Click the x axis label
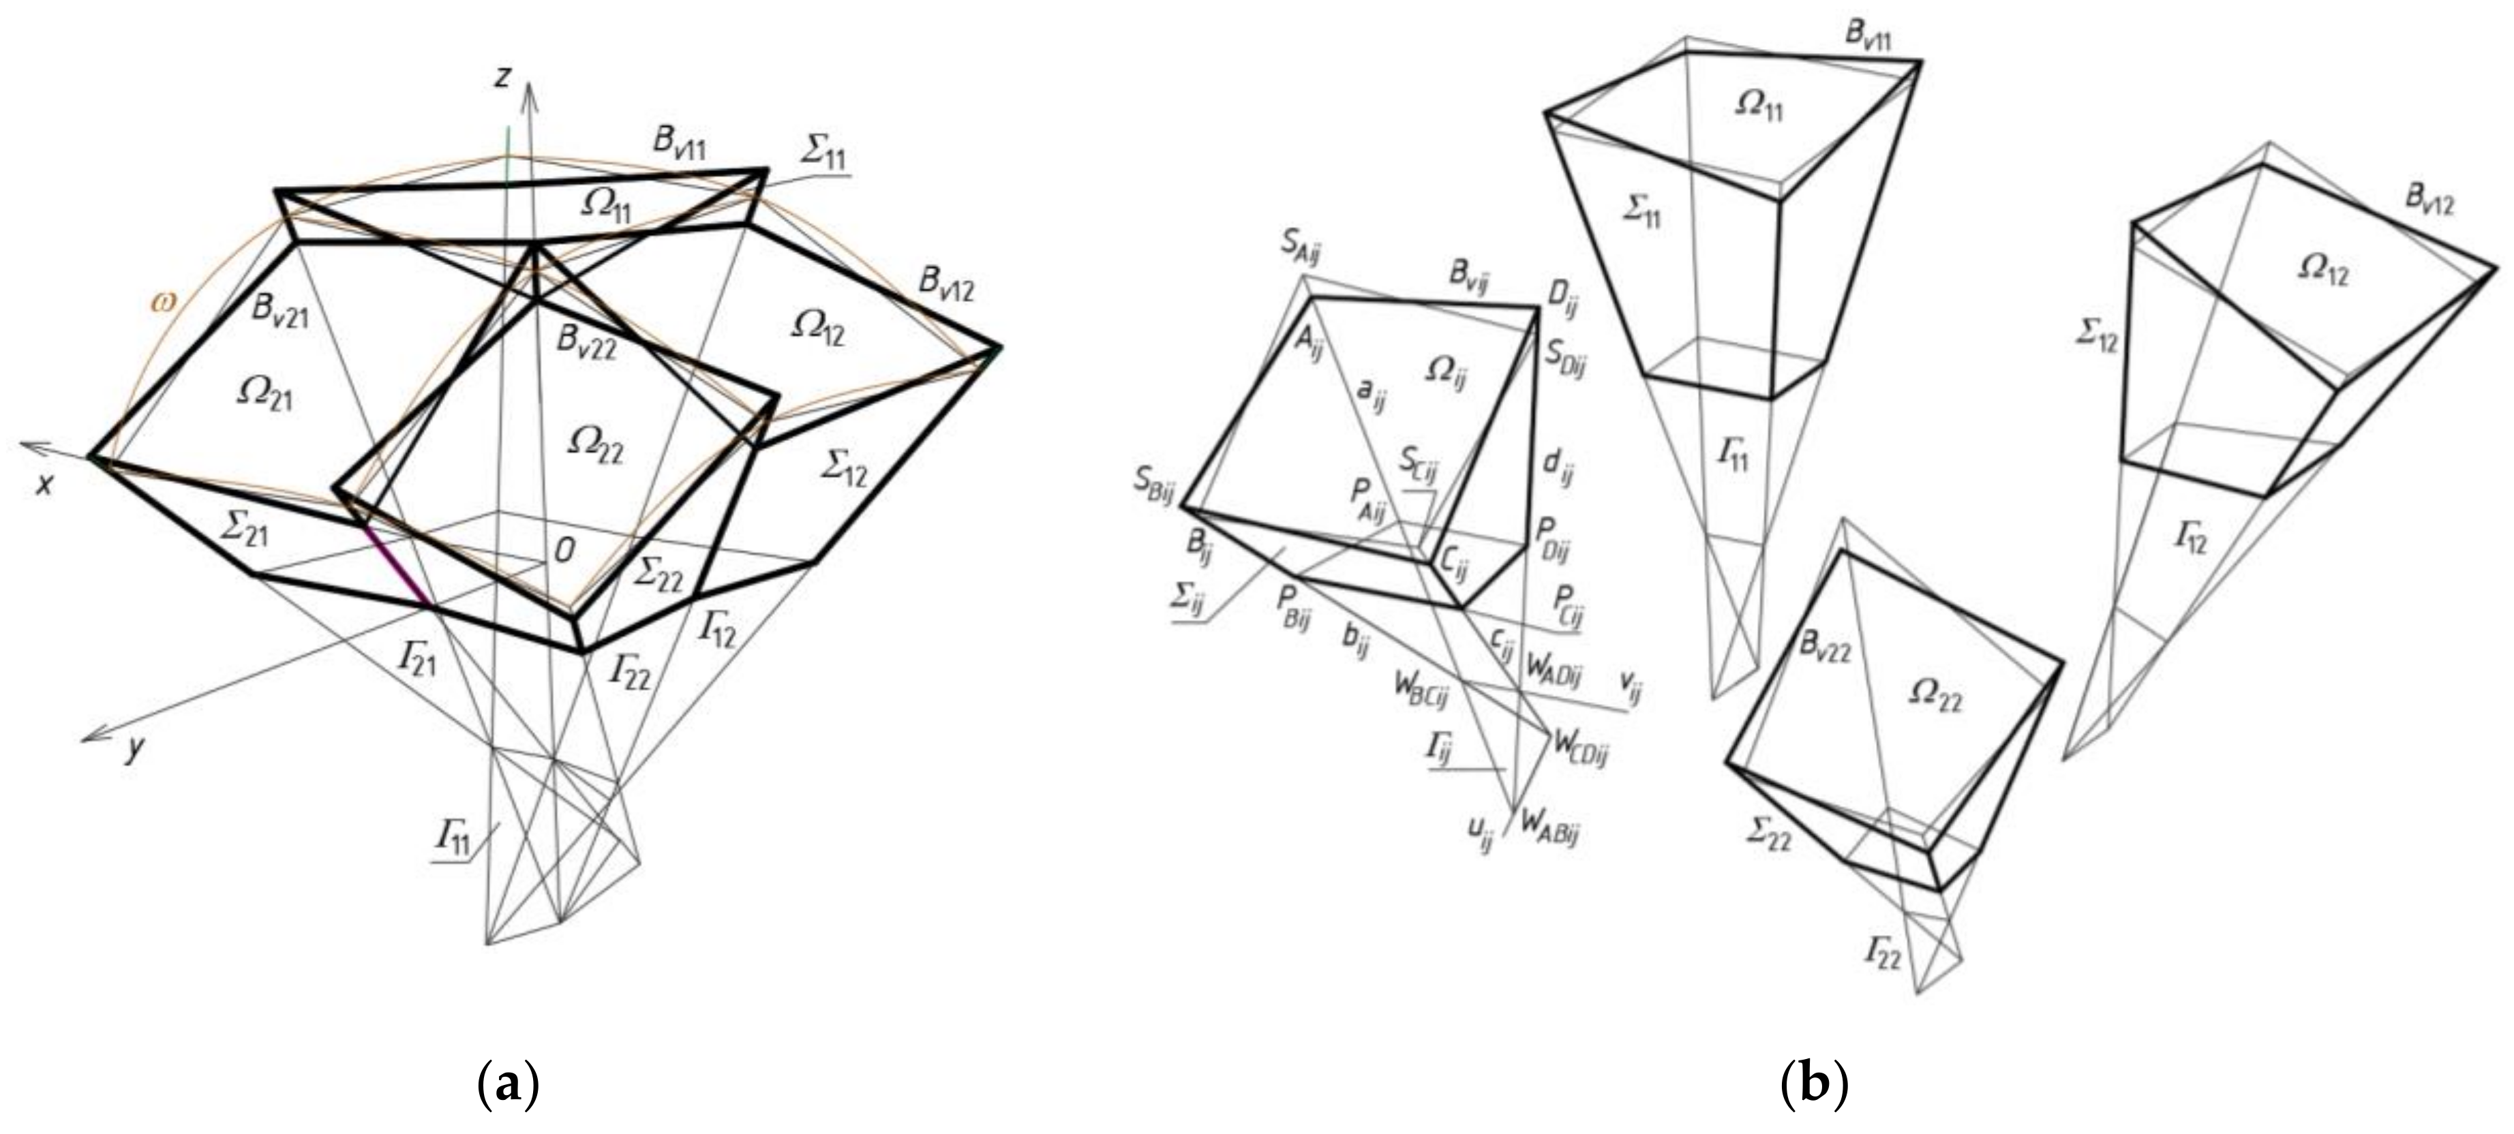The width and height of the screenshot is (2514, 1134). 44,483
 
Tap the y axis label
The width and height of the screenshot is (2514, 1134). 136,748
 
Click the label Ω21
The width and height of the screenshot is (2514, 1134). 264,395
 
